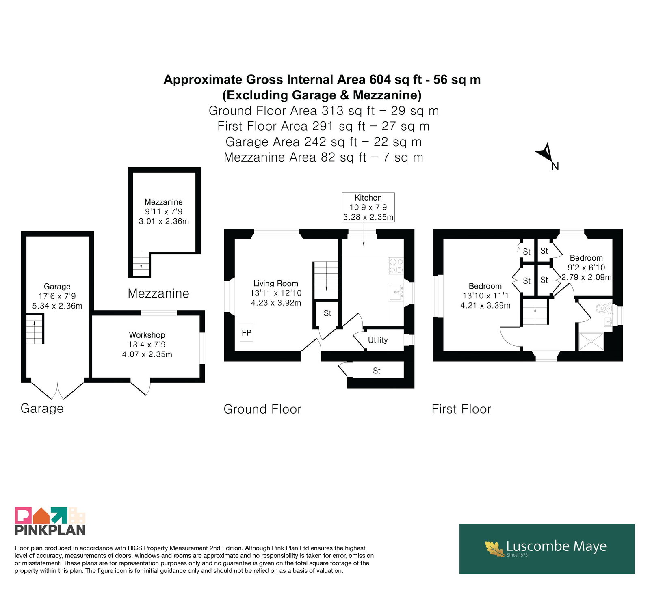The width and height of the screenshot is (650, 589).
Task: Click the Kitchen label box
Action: coord(368,207)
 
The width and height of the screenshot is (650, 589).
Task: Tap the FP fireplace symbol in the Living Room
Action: coord(246,332)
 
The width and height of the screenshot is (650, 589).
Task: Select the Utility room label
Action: coord(378,340)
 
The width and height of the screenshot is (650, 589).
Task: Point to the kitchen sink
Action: coord(396,292)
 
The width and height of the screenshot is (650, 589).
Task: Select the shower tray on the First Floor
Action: coord(591,341)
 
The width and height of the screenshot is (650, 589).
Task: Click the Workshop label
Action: coord(147,335)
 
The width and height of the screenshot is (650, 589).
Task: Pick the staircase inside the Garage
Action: coord(35,329)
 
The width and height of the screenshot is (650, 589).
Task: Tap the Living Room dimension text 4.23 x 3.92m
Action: coord(276,303)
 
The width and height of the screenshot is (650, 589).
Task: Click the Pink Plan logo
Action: coord(50,521)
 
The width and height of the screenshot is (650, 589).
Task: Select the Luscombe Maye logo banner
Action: coord(547,548)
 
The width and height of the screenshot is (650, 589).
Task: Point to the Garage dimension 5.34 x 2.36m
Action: coord(57,306)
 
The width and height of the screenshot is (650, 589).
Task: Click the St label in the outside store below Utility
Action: coord(377,371)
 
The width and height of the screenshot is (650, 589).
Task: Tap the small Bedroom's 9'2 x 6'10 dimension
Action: coord(586,268)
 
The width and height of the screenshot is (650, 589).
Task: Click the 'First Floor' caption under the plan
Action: coord(461,409)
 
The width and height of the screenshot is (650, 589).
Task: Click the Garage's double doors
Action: coord(57,391)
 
